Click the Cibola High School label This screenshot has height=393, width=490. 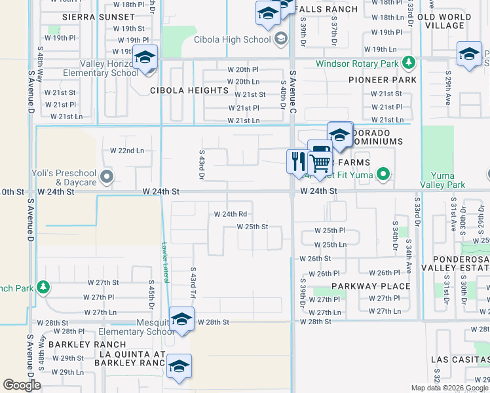tap(232, 39)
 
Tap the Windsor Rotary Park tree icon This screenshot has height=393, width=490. tap(409, 63)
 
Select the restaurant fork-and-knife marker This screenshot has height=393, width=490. tap(297, 160)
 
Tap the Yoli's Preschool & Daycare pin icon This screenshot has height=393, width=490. tap(107, 176)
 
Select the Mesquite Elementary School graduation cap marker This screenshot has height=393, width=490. tap(181, 320)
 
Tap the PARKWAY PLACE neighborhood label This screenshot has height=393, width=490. tap(371, 286)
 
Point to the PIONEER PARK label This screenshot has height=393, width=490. tap(392, 80)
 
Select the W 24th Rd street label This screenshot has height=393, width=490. tap(231, 214)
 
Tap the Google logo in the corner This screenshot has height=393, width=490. tap(22, 386)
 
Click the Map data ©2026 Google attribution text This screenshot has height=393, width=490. tap(448, 388)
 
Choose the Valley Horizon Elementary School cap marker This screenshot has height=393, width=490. tap(145, 58)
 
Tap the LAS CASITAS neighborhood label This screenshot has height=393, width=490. tap(457, 360)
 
